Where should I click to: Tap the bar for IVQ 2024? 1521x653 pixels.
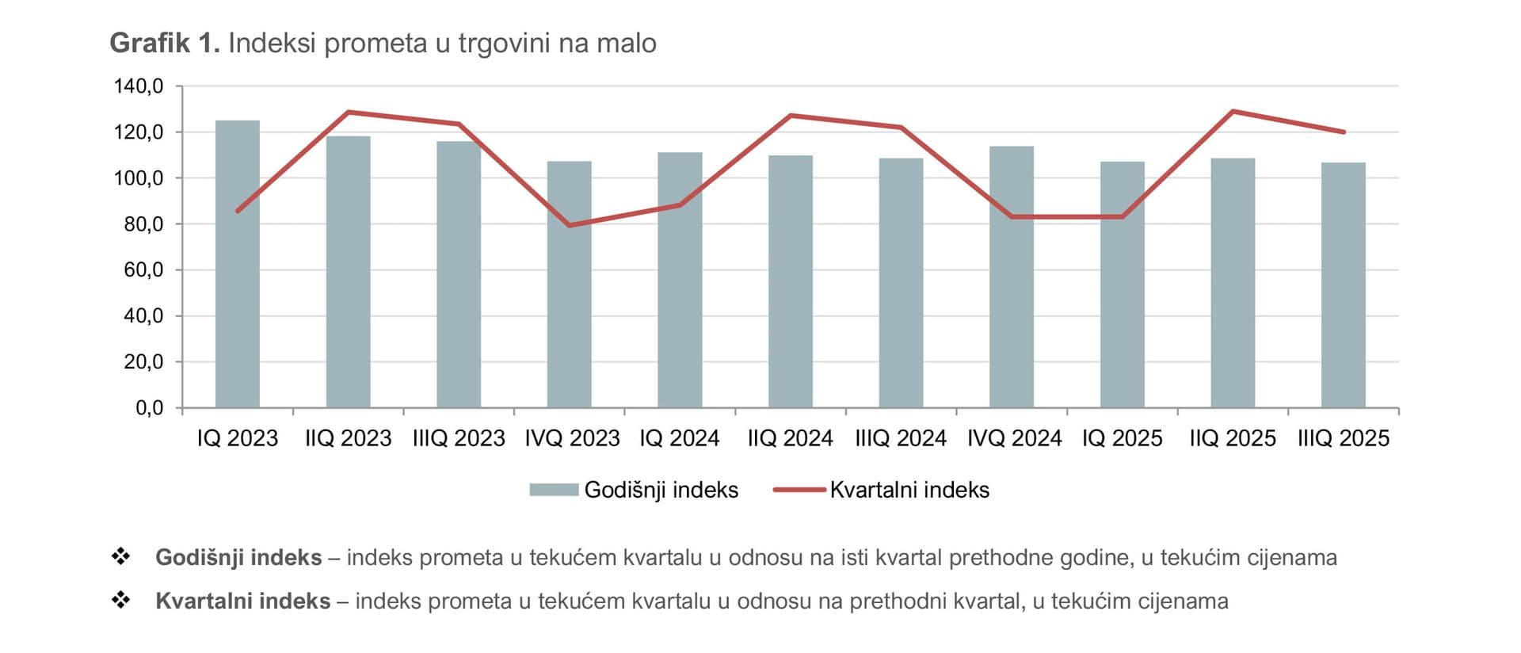click(x=1012, y=277)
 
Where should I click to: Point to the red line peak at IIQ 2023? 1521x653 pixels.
click(x=349, y=112)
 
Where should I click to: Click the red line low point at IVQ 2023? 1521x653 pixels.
click(x=569, y=226)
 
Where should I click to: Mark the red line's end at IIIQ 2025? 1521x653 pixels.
click(x=1344, y=132)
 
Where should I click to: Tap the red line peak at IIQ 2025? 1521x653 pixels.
click(x=1233, y=111)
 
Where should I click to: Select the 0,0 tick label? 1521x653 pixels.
click(x=149, y=408)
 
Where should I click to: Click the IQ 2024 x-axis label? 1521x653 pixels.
click(x=679, y=438)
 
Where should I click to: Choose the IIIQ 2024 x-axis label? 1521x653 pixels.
click(x=901, y=438)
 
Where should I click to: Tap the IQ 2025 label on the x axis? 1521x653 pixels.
click(x=1122, y=438)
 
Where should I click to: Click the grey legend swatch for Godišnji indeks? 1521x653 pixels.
click(x=554, y=490)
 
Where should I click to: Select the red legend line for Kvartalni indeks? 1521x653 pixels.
click(x=799, y=490)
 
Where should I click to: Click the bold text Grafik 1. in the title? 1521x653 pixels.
click(x=165, y=43)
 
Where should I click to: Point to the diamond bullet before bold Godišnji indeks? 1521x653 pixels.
click(x=120, y=556)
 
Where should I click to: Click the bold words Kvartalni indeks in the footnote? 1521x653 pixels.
click(x=242, y=601)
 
